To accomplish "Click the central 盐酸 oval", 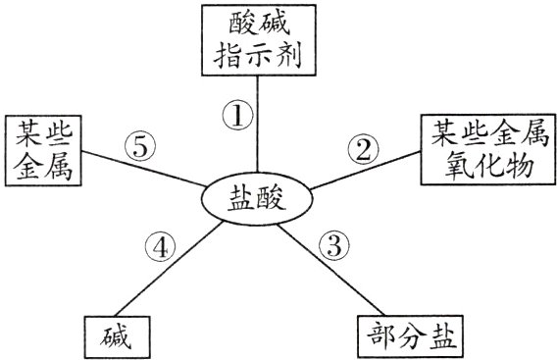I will click(258, 200).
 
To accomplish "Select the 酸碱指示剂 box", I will click(259, 40).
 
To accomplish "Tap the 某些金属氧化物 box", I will click(486, 150).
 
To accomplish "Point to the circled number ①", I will click(237, 116).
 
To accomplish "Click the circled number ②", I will click(363, 149).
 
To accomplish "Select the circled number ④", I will click(162, 245).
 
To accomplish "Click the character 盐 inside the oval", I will click(242, 200).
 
